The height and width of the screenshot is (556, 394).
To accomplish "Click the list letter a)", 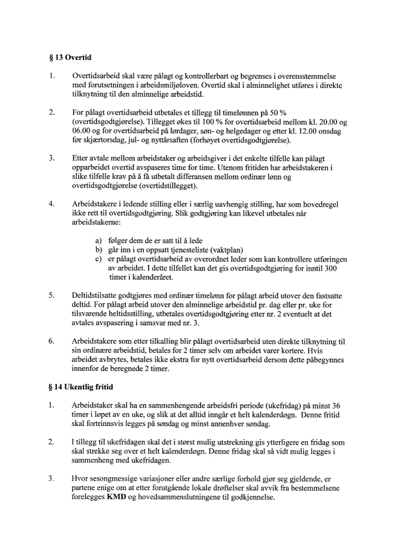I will pyautogui.click(x=100, y=241).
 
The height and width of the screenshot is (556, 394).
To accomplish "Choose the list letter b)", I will pyautogui.click(x=100, y=250).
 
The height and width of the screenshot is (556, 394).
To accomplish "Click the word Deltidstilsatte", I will pyautogui.click(x=98, y=295).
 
